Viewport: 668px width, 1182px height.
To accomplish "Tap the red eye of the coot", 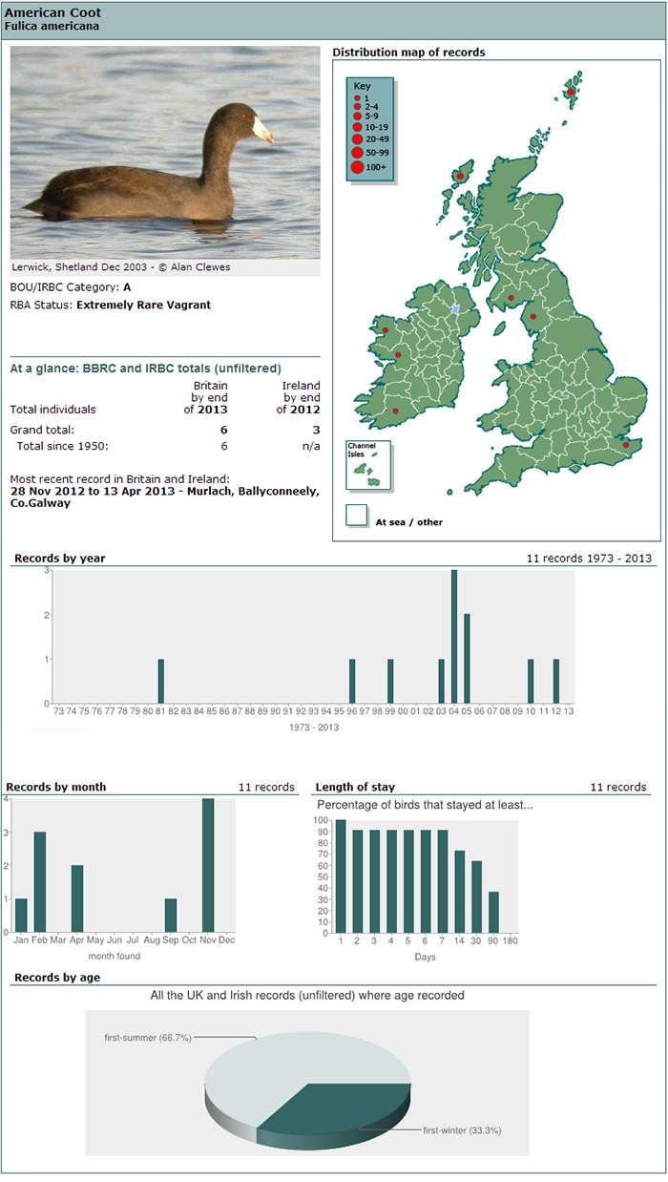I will coord(244,117).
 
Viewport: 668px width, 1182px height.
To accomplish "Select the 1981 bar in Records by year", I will coord(161,681).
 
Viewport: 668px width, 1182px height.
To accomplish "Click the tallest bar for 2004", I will coord(454,636).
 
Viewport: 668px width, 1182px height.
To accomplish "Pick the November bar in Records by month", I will coord(208,865).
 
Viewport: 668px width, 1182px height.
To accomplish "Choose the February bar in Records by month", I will coord(40,881).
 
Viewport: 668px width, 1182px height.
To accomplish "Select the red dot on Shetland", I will coord(571,93).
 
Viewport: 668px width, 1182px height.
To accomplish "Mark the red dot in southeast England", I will coord(625,445).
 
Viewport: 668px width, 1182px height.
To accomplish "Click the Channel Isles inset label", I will coord(362,449).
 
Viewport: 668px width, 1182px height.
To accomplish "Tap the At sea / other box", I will coord(357,516).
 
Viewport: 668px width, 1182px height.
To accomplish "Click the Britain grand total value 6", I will coord(224,430).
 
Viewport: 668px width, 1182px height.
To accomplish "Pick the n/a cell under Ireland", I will coord(311,446).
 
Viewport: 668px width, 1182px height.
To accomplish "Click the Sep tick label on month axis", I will coord(170,940).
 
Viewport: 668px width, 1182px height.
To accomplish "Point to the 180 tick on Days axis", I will coord(511,940).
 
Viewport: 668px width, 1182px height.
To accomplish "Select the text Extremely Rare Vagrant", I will coord(143,306).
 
